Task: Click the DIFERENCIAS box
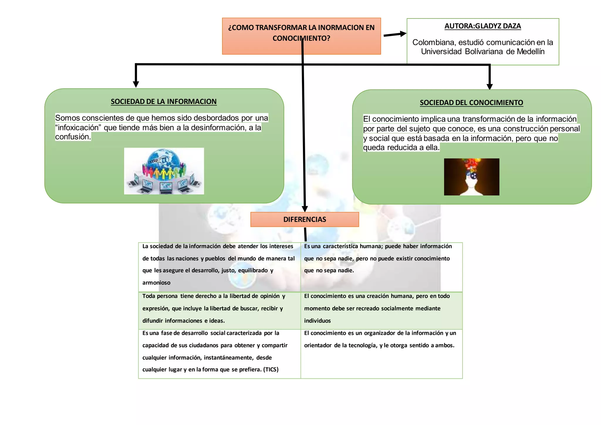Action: click(305, 220)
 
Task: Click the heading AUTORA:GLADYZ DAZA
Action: click(482, 26)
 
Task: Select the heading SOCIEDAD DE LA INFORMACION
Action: click(163, 102)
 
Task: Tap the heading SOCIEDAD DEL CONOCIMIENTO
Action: click(471, 103)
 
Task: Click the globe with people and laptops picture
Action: click(164, 171)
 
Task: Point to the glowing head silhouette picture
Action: click(471, 177)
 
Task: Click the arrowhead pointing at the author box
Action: click(403, 34)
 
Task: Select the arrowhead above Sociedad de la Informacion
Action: click(136, 84)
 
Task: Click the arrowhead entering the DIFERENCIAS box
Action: click(305, 209)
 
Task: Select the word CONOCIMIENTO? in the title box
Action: click(301, 38)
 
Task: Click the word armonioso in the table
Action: click(156, 283)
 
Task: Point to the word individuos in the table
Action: click(317, 321)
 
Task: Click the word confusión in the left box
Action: click(73, 137)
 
